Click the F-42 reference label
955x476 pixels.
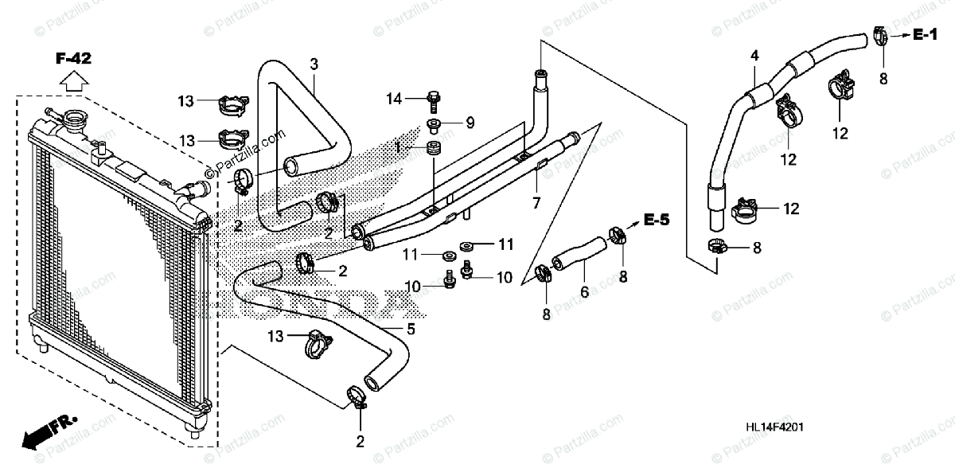click(x=73, y=58)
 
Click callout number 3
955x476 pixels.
click(x=314, y=63)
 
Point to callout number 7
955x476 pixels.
click(x=536, y=204)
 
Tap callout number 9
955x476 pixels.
click(x=470, y=123)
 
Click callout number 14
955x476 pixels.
click(x=395, y=99)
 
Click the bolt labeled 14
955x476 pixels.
click(x=433, y=99)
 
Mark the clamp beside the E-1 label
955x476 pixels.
click(x=879, y=35)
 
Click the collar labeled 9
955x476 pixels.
click(x=434, y=123)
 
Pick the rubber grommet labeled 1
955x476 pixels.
click(x=435, y=148)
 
